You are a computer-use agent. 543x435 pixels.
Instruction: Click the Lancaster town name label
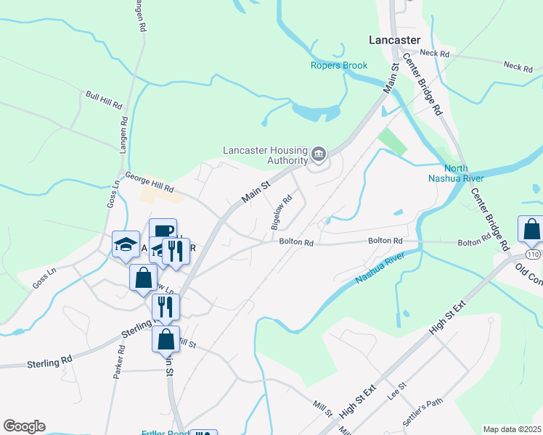click(x=394, y=40)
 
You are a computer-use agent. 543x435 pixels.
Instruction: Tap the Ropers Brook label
click(x=339, y=65)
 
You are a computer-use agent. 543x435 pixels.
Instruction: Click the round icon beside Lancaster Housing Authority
click(x=318, y=154)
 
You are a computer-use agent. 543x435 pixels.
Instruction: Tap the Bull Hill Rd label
click(x=104, y=100)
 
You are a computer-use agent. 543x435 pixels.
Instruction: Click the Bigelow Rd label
click(x=282, y=212)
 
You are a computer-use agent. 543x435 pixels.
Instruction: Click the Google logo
click(x=24, y=426)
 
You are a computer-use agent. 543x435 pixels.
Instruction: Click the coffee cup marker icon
click(x=163, y=231)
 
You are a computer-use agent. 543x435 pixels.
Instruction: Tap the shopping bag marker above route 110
click(x=531, y=229)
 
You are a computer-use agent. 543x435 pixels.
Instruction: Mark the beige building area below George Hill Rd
click(x=160, y=194)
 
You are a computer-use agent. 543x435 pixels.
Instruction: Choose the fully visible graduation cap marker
click(x=126, y=244)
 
